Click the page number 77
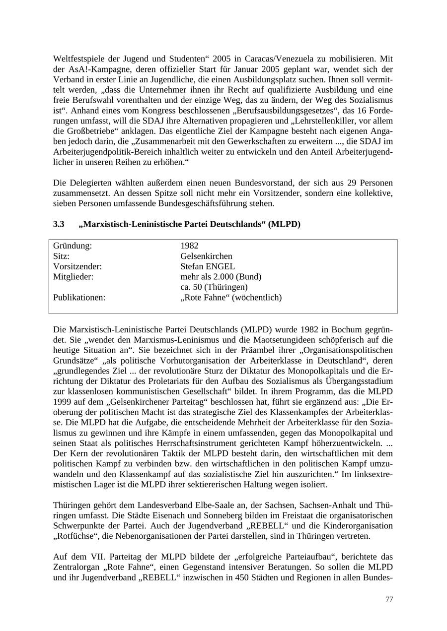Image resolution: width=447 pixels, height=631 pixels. point(389,599)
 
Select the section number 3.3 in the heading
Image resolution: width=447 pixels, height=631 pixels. point(59,224)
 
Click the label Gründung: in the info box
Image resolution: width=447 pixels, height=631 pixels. point(73,246)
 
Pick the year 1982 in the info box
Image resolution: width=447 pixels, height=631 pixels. point(189,246)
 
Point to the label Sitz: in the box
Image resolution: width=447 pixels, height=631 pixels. point(61,256)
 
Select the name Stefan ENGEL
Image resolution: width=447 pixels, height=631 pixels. point(208,266)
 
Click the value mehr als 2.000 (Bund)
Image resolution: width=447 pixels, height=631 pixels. point(221,277)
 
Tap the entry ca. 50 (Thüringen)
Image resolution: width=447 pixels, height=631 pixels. point(214,287)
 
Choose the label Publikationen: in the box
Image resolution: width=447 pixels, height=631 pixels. point(79,298)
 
